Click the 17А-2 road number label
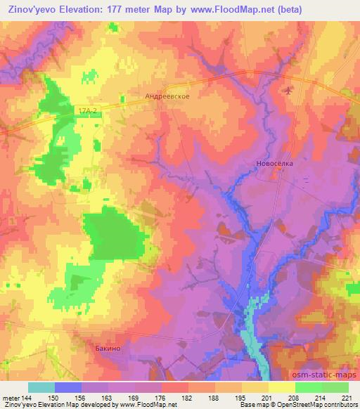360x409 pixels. tap(86, 110)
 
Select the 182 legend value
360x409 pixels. tap(187, 398)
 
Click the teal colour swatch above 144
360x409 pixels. tap(41, 387)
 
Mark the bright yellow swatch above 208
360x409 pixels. tap(281, 387)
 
